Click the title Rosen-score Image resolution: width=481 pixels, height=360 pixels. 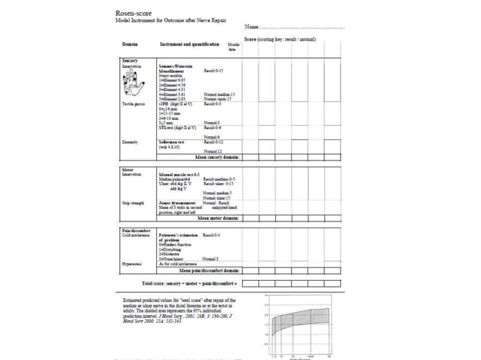coord(137,14)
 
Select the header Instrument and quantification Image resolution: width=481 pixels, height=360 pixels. coord(189,45)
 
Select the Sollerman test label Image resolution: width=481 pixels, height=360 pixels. coord(173,142)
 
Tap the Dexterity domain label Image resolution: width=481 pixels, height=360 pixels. coord(130,142)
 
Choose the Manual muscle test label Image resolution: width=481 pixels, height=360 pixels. coord(179,174)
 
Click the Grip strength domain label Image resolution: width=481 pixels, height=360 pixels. coord(133,203)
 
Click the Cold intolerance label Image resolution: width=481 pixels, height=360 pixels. coord(136,236)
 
